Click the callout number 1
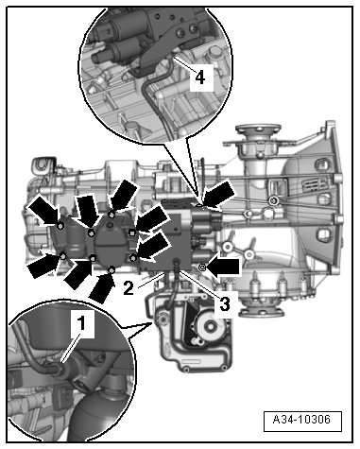(81, 323)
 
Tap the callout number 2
(129, 288)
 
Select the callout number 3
(224, 303)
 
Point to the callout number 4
(200, 77)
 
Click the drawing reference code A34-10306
(301, 420)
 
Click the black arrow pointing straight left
(223, 268)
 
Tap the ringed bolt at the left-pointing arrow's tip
(202, 268)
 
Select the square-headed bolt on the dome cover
(132, 233)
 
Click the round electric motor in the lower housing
(210, 326)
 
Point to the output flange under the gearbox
(262, 311)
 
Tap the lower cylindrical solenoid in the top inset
(115, 53)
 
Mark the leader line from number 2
(150, 281)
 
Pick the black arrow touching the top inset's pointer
(219, 196)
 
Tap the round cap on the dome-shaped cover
(110, 225)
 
